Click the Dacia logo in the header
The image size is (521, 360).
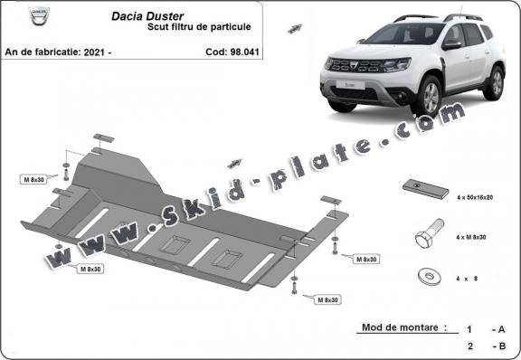click(15, 15)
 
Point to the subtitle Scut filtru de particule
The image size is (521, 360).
click(199, 28)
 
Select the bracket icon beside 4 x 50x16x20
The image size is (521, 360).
click(424, 189)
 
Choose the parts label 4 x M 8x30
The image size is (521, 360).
click(471, 236)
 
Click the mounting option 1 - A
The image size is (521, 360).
click(485, 329)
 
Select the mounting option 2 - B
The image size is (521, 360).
click(485, 346)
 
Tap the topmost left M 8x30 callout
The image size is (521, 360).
click(34, 179)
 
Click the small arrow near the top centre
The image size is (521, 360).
click(294, 30)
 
